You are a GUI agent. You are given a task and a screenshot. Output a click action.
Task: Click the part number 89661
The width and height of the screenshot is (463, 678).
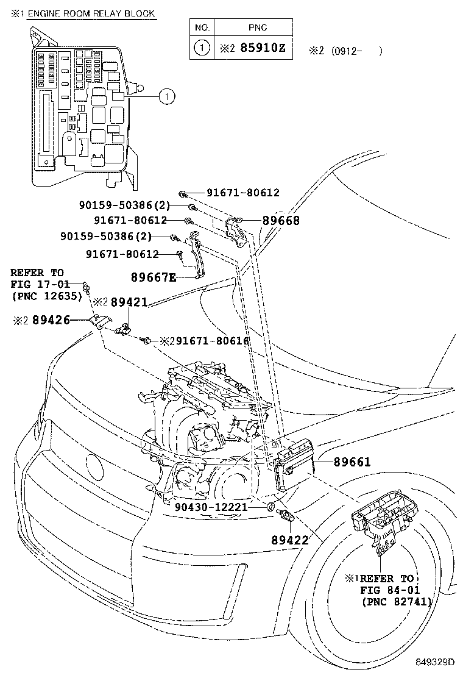352,463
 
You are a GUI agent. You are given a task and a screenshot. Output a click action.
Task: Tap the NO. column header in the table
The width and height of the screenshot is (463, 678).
202,27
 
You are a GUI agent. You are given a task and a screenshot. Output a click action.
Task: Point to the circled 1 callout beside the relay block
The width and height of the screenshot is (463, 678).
166,95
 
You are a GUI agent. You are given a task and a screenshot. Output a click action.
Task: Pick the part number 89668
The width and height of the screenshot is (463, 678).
281,221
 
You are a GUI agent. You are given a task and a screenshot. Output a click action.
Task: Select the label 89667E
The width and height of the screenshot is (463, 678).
154,277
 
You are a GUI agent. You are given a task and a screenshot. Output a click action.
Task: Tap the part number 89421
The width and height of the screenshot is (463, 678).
129,302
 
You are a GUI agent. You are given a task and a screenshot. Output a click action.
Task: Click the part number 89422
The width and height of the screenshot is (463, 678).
290,540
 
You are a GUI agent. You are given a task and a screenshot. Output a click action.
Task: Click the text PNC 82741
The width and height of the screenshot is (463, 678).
397,602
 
